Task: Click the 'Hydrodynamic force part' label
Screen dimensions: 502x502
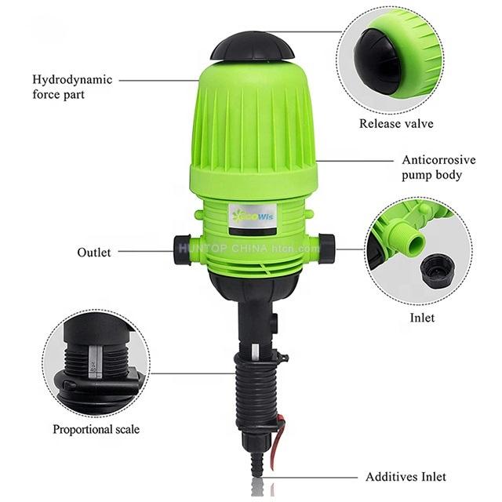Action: tap(72, 86)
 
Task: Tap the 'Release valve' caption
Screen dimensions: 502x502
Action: tap(396, 123)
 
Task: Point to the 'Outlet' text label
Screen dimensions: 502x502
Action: tap(93, 252)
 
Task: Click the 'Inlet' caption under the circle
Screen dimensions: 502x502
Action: tap(422, 318)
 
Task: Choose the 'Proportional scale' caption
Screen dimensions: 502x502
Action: tap(96, 429)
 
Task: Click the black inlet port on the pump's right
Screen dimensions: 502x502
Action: tap(326, 248)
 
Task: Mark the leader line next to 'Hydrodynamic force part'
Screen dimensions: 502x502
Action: tap(157, 79)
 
